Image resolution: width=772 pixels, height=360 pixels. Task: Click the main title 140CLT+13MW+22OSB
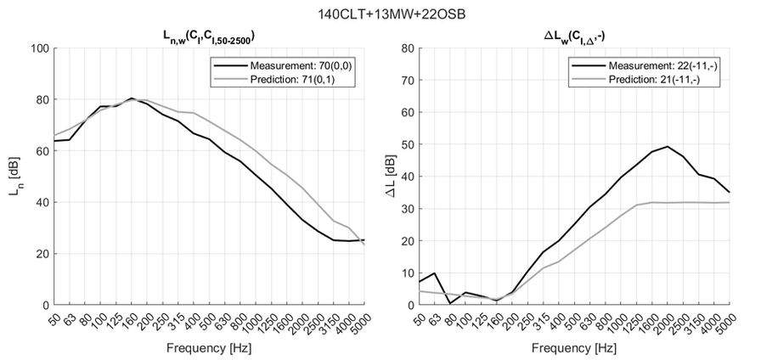[386, 14]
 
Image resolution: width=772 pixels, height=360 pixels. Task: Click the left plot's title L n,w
[209, 36]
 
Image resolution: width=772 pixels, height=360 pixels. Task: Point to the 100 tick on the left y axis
[37, 48]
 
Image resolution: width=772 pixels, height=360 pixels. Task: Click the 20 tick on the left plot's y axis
[41, 254]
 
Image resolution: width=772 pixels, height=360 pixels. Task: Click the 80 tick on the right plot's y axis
[405, 48]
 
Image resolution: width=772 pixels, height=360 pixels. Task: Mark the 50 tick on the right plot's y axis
[405, 144]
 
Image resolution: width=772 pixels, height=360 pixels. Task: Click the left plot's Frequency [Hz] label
[209, 348]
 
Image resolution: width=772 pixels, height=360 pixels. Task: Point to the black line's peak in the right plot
[668, 146]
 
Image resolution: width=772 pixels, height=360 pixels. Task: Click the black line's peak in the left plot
[132, 98]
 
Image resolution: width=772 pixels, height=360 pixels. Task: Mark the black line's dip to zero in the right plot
[450, 303]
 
